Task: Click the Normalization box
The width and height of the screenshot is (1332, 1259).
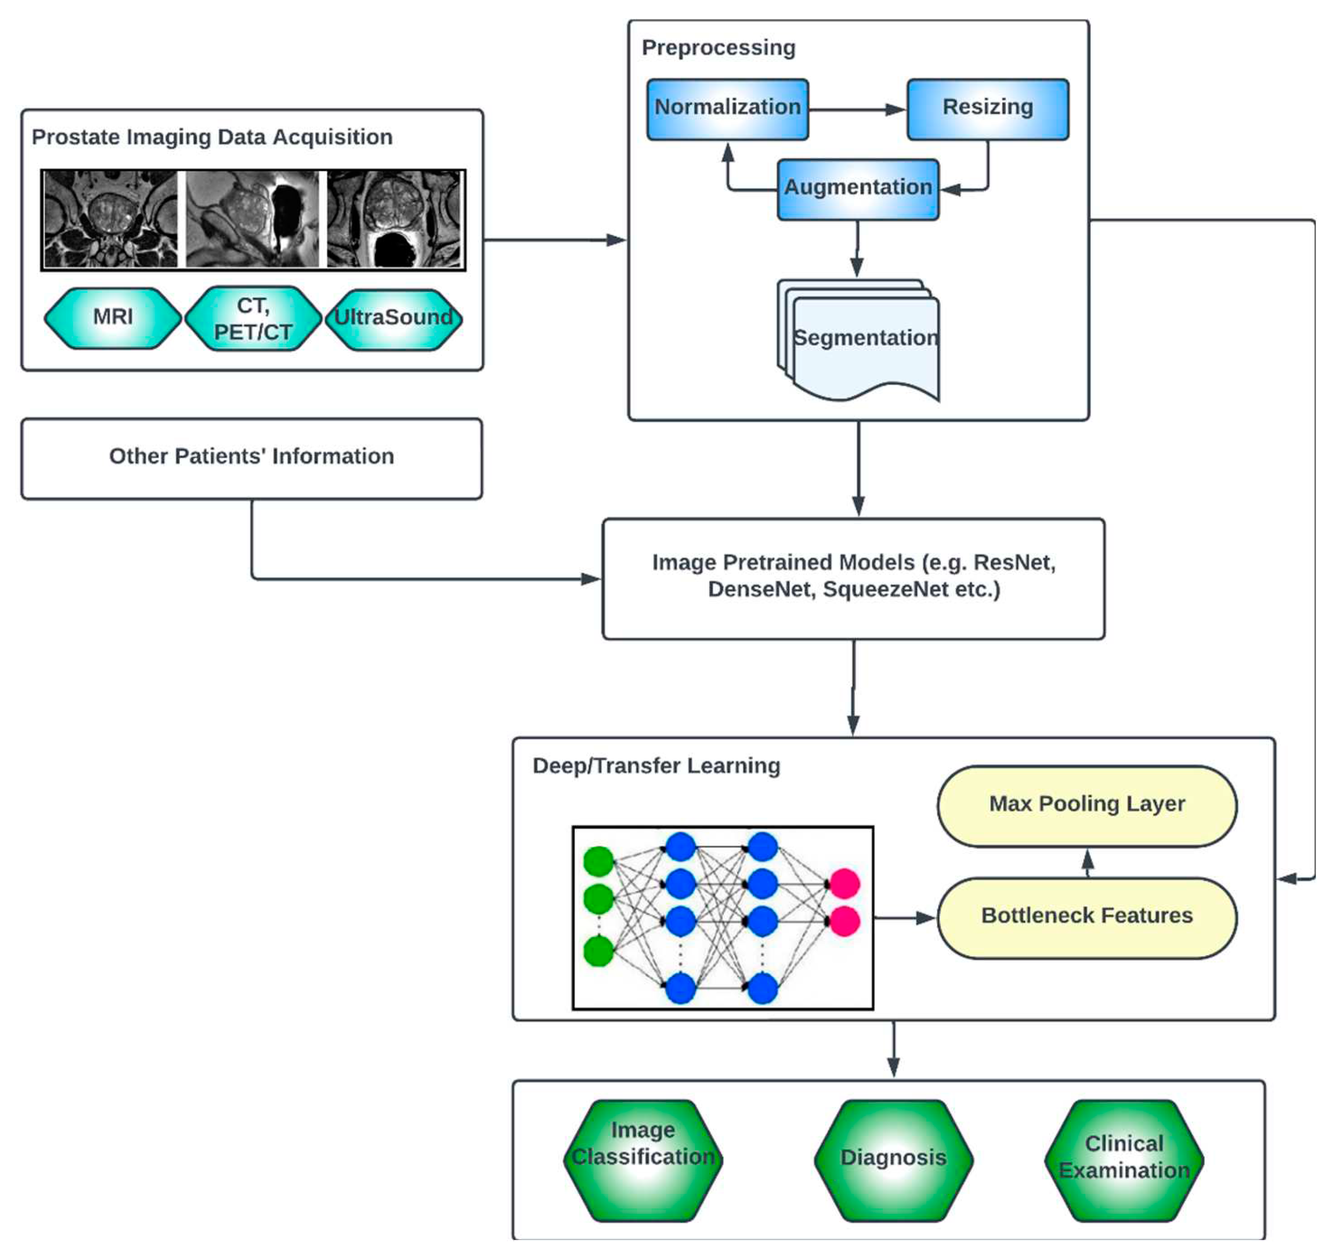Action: [x=728, y=109]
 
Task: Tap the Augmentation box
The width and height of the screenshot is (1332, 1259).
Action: [x=858, y=189]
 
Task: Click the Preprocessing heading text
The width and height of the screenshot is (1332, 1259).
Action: [x=719, y=48]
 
